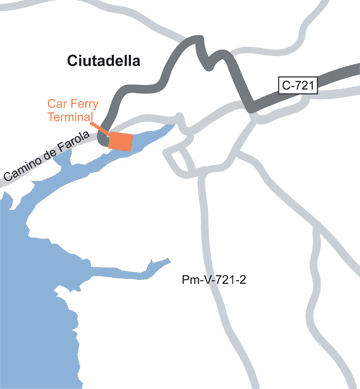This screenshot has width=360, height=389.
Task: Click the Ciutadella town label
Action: click(x=103, y=61)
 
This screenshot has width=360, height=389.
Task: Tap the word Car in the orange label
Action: click(x=58, y=103)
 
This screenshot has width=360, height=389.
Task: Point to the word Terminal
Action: click(x=70, y=117)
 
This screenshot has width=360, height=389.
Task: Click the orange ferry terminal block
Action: click(x=120, y=142)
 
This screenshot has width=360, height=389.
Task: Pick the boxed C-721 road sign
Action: click(x=298, y=86)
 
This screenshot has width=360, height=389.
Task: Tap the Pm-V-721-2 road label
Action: click(x=215, y=281)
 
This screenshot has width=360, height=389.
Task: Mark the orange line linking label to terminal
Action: click(x=98, y=126)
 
